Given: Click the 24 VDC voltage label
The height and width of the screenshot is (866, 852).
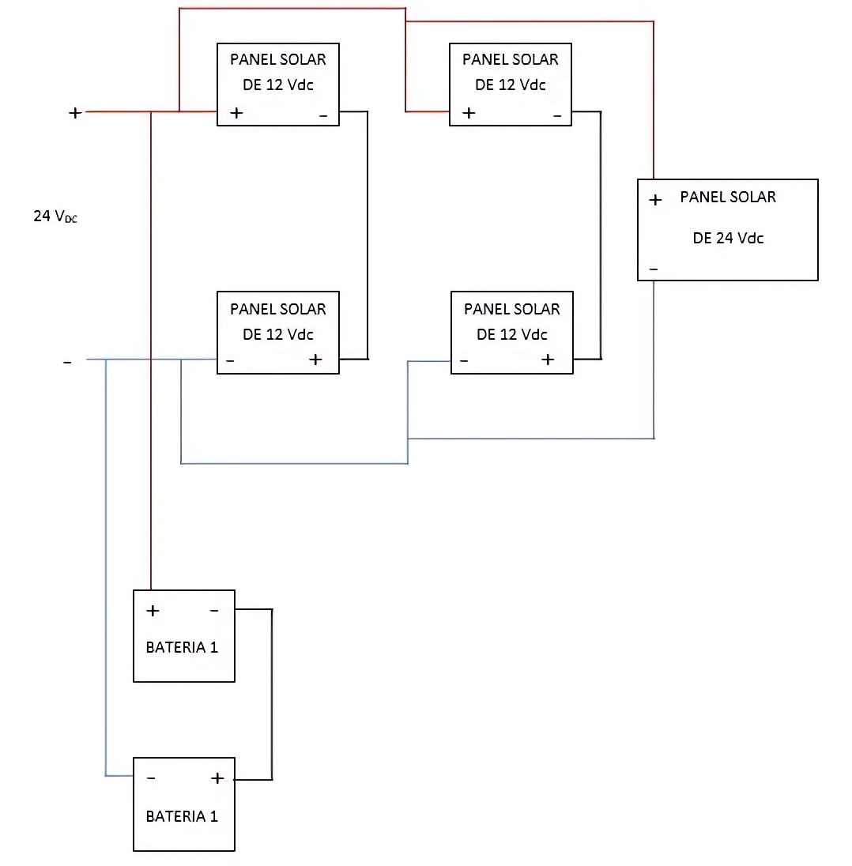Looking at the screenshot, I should pyautogui.click(x=55, y=216).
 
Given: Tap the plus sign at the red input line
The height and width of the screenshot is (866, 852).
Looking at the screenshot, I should pyautogui.click(x=75, y=113).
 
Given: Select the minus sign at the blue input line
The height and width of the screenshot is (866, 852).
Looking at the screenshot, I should pyautogui.click(x=67, y=362).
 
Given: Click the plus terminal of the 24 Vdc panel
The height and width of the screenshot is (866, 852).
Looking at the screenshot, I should pyautogui.click(x=655, y=201).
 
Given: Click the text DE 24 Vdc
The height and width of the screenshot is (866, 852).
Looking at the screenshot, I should pyautogui.click(x=728, y=238).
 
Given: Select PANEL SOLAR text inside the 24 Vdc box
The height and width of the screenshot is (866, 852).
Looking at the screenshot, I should pyautogui.click(x=728, y=197).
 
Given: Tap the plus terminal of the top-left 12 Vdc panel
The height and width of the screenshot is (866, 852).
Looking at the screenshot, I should pyautogui.click(x=236, y=113).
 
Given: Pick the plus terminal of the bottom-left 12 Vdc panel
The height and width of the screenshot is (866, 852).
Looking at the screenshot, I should pyautogui.click(x=315, y=360).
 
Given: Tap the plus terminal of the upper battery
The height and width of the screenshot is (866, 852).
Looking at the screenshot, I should pyautogui.click(x=153, y=611).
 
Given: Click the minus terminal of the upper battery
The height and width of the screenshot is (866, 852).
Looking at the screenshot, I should pyautogui.click(x=213, y=611).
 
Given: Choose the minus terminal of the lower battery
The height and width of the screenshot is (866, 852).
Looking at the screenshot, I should pyautogui.click(x=151, y=778).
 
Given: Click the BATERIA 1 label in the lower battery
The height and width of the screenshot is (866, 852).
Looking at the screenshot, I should pyautogui.click(x=182, y=816).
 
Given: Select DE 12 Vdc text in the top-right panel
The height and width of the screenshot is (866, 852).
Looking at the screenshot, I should pyautogui.click(x=511, y=85).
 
